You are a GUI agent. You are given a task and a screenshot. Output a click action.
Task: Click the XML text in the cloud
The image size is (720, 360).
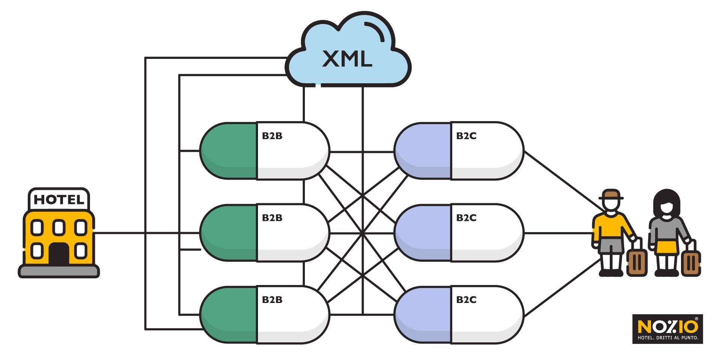point(347,59)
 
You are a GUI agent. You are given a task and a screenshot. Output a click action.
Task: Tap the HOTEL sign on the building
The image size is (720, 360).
point(59,199)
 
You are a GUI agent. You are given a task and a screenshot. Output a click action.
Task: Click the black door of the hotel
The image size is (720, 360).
point(58,254)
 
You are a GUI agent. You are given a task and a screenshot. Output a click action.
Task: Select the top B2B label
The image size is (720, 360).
point(272,136)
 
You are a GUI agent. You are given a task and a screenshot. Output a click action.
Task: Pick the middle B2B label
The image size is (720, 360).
point(272,218)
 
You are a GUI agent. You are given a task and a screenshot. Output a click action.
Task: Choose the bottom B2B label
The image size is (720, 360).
point(272,300)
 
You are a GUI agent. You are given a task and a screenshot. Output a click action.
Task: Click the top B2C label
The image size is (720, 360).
point(466,136)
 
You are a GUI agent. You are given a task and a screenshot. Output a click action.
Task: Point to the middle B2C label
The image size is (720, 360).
point(466,218)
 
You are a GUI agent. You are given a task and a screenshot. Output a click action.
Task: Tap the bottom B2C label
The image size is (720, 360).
point(466,300)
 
